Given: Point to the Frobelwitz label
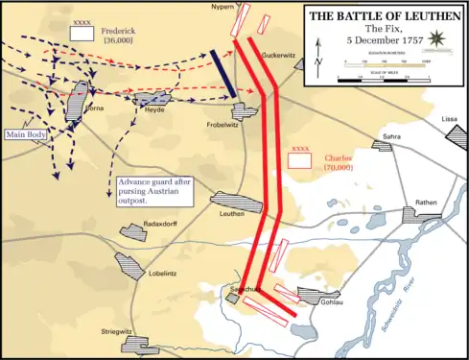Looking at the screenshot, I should [x=223, y=124].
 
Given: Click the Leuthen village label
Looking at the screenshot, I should [x=232, y=214].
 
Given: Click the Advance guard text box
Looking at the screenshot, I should [x=154, y=190].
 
